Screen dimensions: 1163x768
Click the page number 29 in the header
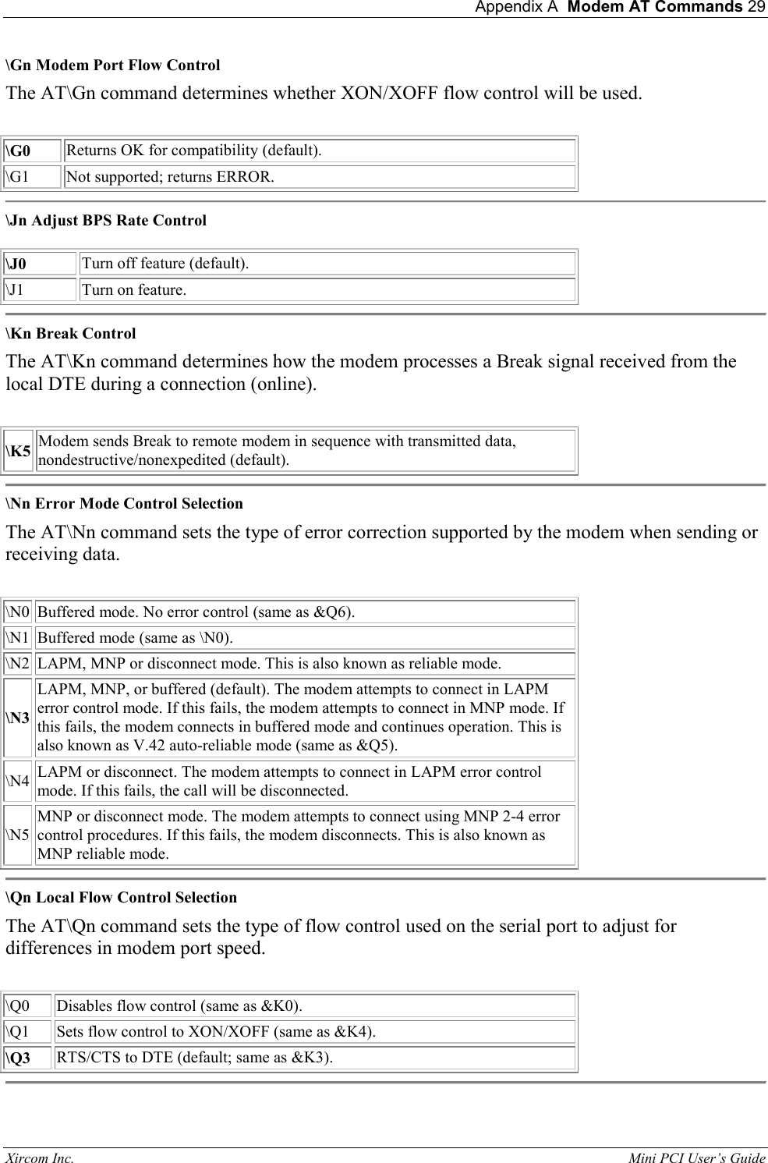(756, 8)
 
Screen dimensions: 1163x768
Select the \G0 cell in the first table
(32, 151)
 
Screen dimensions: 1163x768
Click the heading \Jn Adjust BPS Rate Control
(106, 221)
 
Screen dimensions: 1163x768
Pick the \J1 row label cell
(40, 290)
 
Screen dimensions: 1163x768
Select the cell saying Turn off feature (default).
(327, 264)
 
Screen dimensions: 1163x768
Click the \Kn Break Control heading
(71, 334)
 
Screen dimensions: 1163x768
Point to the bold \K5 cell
(19, 451)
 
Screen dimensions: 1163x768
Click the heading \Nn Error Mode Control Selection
(125, 504)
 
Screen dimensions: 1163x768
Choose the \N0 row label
(18, 612)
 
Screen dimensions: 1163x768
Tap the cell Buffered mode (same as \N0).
(305, 638)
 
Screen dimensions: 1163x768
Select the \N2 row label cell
(18, 664)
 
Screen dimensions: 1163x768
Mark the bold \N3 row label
(18, 718)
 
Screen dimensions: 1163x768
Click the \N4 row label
(18, 782)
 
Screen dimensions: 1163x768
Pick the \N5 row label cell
(18, 835)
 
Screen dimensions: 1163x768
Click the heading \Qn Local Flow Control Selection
(122, 898)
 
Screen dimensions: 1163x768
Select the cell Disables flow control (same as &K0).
(315, 1006)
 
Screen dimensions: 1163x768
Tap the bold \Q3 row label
(28, 1058)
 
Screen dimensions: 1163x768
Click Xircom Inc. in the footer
(41, 1158)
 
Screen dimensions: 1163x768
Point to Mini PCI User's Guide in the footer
(696, 1158)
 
